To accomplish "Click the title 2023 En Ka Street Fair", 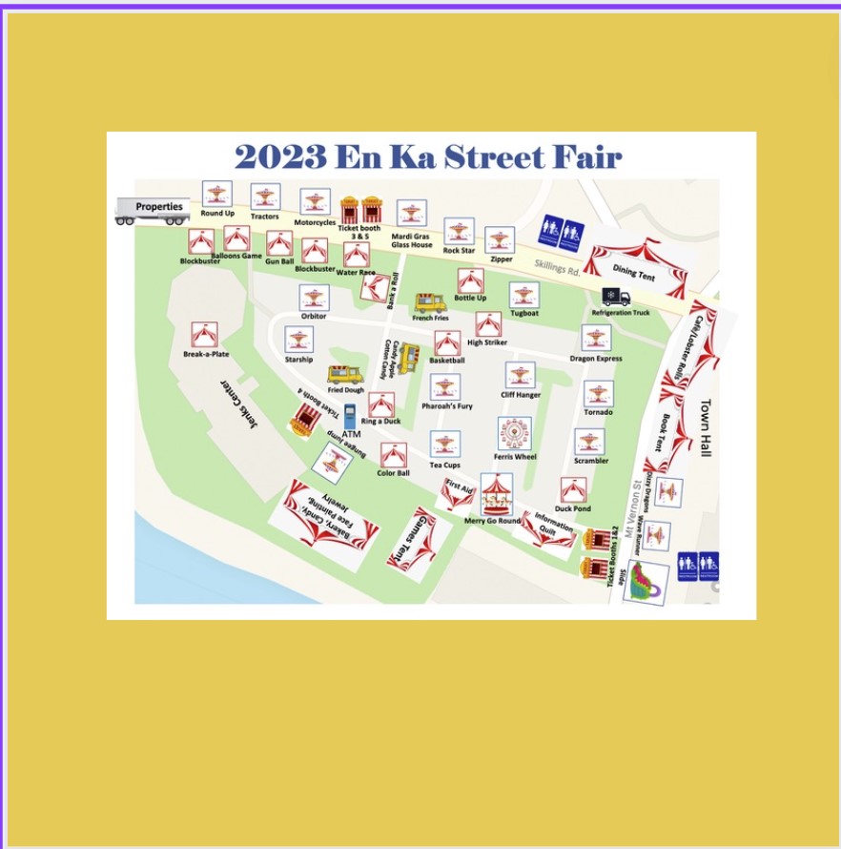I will coord(428,156).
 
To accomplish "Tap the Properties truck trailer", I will coord(153,210).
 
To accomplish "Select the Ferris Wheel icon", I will coord(514,434).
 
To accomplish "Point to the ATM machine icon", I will coord(350,416).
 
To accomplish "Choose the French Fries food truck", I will coord(430,303).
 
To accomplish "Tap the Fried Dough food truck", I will coord(344,374).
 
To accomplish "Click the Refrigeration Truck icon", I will coord(616,298).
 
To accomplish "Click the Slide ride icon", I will coord(646,581).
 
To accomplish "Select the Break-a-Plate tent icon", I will coord(204,335).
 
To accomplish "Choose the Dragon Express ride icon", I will coord(596,338).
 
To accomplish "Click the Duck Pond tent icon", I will coord(573,490).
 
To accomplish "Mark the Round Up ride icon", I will coord(217,194).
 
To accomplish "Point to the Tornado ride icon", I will coord(598,394).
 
